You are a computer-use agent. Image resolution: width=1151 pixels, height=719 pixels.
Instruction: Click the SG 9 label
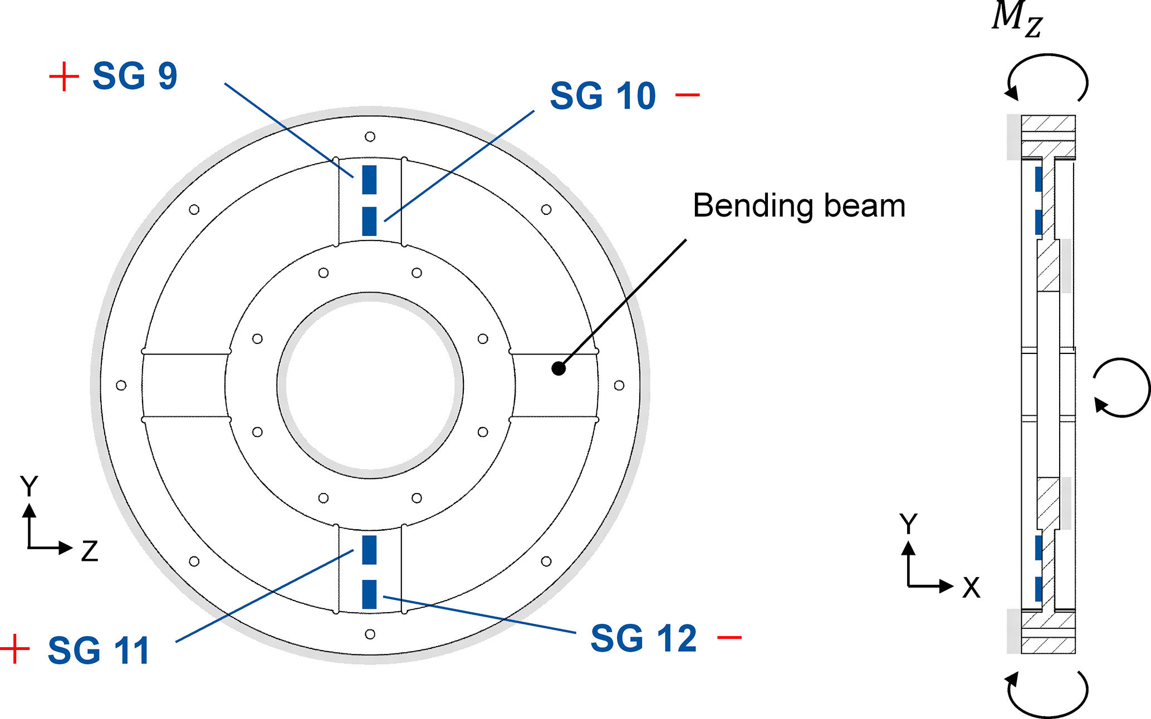click(x=135, y=76)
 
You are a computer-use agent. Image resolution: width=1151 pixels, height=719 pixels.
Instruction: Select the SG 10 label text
click(x=603, y=96)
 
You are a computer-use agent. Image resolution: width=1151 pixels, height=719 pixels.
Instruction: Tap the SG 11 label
click(x=99, y=650)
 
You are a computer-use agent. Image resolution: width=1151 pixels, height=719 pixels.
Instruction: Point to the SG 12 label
click(x=644, y=638)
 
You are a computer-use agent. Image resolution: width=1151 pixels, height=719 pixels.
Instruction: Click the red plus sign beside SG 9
click(x=64, y=76)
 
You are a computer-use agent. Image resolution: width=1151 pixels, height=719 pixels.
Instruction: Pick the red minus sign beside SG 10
click(x=688, y=95)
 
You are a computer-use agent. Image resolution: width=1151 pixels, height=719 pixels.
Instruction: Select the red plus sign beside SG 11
click(x=15, y=649)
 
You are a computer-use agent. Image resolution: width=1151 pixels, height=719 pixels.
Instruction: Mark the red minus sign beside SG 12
click(x=729, y=637)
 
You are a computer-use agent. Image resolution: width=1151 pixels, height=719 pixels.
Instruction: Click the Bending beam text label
click(x=799, y=206)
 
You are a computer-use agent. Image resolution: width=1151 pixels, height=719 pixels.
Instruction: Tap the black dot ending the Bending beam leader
click(x=559, y=368)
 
